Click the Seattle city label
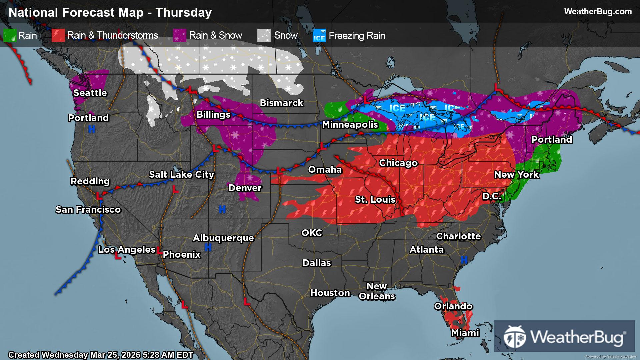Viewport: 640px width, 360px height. click(90, 93)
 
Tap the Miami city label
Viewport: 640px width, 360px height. click(465, 333)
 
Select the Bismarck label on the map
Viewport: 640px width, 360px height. click(281, 103)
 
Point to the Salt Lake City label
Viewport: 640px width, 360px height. click(181, 174)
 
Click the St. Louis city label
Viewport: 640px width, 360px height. click(375, 199)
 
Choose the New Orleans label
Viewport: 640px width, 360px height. click(377, 291)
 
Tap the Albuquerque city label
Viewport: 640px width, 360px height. click(223, 238)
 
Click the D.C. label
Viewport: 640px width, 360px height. click(492, 196)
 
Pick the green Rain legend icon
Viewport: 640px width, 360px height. click(10, 35)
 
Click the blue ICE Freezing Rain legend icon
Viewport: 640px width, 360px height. click(319, 36)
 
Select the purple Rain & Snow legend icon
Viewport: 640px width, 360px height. click(180, 35)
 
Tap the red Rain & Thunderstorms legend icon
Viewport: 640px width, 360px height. click(58, 35)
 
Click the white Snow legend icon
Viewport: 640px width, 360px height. click(264, 35)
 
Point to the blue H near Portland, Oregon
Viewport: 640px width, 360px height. click(91, 129)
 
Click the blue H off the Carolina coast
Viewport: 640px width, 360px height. click(464, 259)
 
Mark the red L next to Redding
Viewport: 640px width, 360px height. click(99, 196)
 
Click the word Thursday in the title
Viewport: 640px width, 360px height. click(183, 12)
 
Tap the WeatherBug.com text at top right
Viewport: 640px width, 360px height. click(598, 11)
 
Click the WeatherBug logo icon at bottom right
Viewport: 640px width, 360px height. click(515, 337)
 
